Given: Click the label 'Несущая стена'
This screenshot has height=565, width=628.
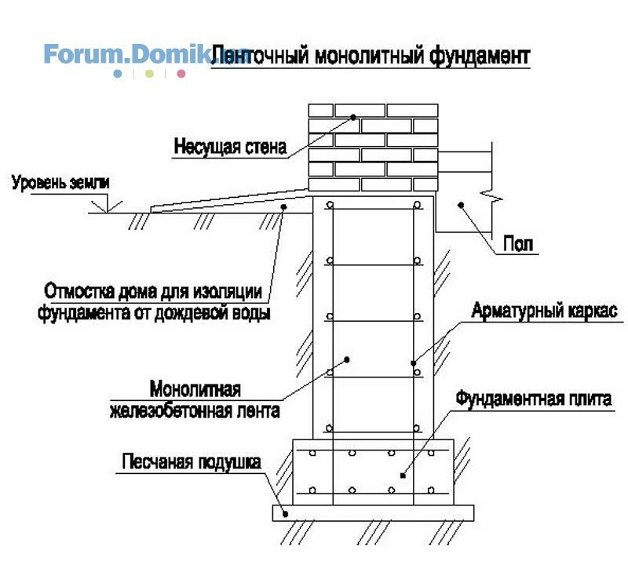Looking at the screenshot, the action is (x=230, y=147).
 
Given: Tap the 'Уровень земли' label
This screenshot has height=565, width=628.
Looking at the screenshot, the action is (x=60, y=183).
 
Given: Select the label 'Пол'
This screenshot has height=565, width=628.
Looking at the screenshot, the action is (x=518, y=243).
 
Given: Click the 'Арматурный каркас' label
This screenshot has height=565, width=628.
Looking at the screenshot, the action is (x=544, y=311).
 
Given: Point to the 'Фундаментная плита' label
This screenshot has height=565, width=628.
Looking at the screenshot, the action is (x=534, y=399).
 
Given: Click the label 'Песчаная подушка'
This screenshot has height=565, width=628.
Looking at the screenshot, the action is (x=192, y=462).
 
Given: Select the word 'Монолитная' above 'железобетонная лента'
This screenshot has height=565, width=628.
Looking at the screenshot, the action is (x=195, y=388).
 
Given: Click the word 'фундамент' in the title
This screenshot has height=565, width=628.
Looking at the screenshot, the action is (x=480, y=56).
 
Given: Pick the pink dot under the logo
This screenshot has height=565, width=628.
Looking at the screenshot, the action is (x=181, y=74).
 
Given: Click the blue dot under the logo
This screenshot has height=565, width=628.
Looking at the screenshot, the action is (x=118, y=74).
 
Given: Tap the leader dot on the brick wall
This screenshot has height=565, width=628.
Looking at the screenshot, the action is (x=353, y=118).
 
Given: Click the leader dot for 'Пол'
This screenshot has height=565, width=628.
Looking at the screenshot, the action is (x=461, y=206).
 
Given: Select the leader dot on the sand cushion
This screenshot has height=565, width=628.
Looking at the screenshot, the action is (x=286, y=514).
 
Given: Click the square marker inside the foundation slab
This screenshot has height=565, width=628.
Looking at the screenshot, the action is (x=403, y=476).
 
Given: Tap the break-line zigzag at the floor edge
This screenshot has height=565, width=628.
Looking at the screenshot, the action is (x=492, y=195).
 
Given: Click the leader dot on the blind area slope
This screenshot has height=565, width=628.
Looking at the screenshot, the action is (x=283, y=206).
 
